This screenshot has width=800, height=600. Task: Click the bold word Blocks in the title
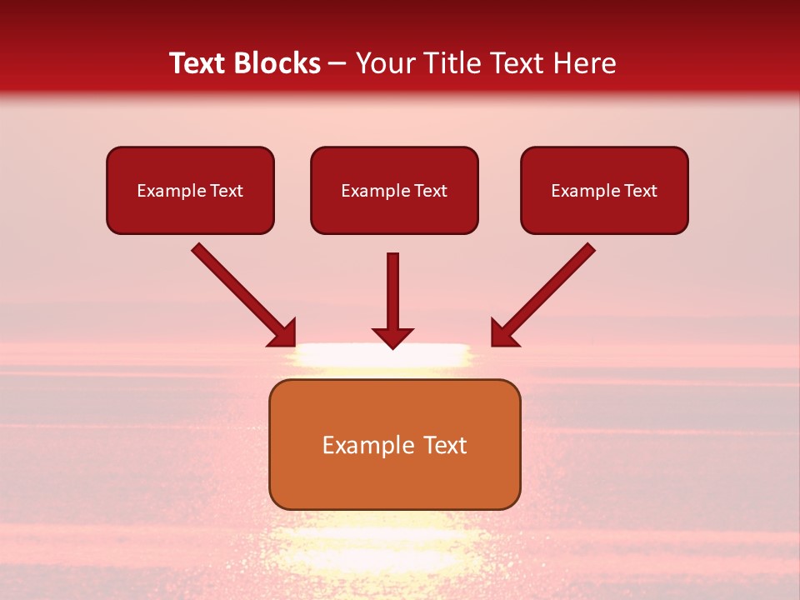[277, 63]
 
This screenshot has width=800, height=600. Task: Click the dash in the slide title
[337, 64]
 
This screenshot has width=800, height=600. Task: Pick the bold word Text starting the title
[199, 63]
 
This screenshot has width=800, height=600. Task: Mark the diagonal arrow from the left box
[243, 295]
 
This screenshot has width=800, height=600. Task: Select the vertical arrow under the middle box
[393, 300]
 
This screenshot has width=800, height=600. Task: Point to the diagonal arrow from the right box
[543, 295]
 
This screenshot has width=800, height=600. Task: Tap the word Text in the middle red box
[430, 191]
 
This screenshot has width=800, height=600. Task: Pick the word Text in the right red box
[640, 191]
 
